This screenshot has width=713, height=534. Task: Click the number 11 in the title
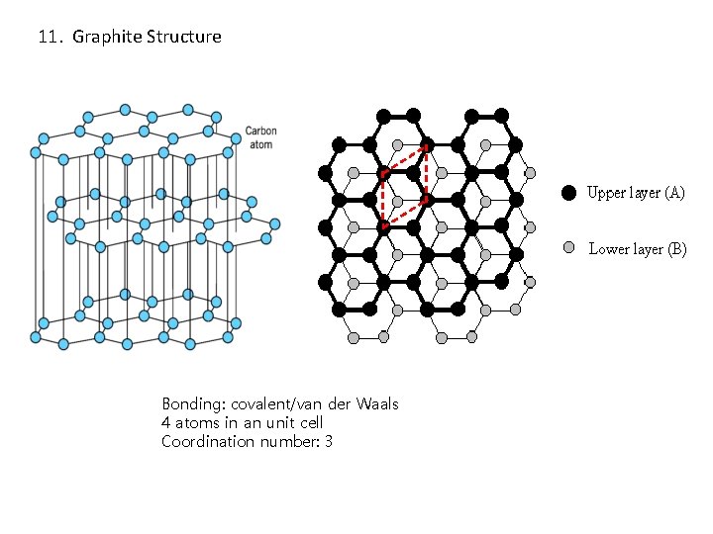pyautogui.click(x=47, y=38)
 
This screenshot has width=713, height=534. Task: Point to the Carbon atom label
pyautogui.click(x=260, y=137)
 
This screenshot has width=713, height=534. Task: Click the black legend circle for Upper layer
pyautogui.click(x=568, y=193)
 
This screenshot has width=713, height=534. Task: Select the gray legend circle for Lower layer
pyautogui.click(x=568, y=248)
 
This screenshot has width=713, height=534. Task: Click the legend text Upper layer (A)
pyautogui.click(x=636, y=193)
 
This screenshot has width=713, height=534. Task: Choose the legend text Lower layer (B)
pyautogui.click(x=638, y=249)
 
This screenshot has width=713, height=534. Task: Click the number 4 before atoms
pyautogui.click(x=166, y=423)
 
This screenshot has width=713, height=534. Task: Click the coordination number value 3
pyautogui.click(x=328, y=441)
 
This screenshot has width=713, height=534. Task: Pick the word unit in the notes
pyautogui.click(x=272, y=423)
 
